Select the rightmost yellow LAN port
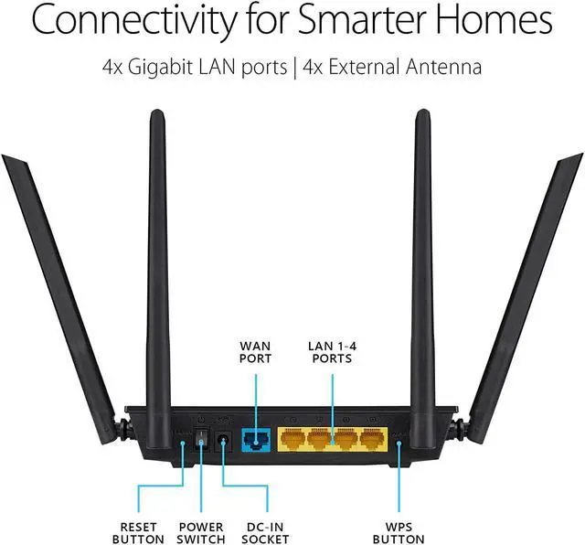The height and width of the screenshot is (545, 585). [x=372, y=441]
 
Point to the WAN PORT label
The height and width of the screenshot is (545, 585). [x=255, y=352]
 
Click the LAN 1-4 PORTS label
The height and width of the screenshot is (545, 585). [x=330, y=352]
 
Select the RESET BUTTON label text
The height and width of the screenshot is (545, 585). [x=139, y=533]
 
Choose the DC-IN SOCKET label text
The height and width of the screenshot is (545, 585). [x=268, y=533]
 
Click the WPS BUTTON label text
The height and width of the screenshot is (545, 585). [x=399, y=533]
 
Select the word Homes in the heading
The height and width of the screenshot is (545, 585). [x=504, y=20]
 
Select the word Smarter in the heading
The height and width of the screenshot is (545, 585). [x=377, y=20]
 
